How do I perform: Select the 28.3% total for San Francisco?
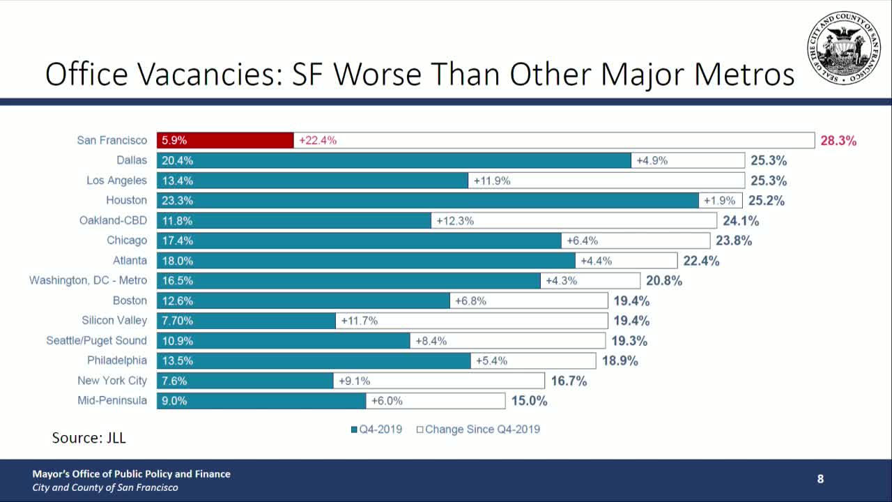[838, 140]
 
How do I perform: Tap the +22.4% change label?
[318, 140]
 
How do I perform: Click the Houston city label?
[126, 200]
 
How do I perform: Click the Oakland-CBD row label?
[113, 220]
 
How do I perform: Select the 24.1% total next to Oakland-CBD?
[741, 221]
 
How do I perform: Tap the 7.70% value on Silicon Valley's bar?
[177, 321]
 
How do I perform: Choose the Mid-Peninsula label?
[112, 401]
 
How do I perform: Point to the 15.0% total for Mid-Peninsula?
[529, 401]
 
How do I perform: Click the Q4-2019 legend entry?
[376, 429]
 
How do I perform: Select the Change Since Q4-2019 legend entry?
[478, 429]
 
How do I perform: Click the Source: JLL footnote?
[89, 438]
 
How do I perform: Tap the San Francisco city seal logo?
[843, 49]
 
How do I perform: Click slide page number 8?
[820, 479]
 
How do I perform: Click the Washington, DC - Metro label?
[88, 280]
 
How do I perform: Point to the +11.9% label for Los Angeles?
[492, 181]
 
